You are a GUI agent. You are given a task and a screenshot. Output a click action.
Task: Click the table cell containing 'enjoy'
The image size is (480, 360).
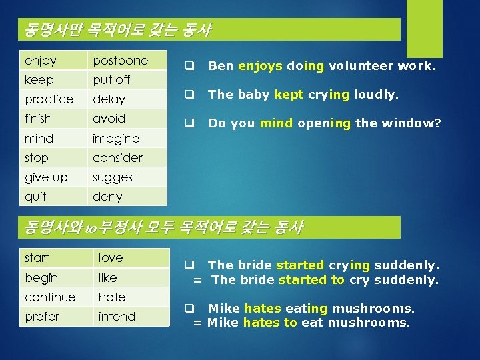coord(53,61)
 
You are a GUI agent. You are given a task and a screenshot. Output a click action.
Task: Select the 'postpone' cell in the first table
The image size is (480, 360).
coord(128,61)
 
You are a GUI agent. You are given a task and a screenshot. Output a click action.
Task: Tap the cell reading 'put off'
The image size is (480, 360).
coord(128,80)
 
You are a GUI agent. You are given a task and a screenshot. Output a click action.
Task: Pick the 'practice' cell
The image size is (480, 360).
coord(53,99)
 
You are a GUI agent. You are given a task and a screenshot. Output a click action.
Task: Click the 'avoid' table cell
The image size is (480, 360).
coord(128,119)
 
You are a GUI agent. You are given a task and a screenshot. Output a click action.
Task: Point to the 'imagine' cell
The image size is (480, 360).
coord(128,139)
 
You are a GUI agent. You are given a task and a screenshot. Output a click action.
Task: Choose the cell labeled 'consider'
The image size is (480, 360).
coord(128,158)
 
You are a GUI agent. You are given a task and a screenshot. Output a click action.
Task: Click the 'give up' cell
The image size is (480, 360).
coord(53,177)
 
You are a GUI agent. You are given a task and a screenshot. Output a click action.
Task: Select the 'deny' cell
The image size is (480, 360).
coord(128,197)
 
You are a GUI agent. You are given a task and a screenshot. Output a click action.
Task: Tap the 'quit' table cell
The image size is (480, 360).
coord(53,197)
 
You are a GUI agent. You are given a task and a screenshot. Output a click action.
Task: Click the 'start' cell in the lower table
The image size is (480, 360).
coord(56,258)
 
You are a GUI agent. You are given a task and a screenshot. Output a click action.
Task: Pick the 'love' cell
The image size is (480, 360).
coord(131,258)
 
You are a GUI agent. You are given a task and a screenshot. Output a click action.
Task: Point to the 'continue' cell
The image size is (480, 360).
coord(56,297)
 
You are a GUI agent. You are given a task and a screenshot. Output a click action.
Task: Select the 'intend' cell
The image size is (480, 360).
coord(131,317)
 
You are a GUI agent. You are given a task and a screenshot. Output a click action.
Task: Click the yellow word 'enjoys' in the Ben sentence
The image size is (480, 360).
coord(261,66)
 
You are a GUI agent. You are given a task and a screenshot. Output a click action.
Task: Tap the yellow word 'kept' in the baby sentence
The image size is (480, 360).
coord(289,95)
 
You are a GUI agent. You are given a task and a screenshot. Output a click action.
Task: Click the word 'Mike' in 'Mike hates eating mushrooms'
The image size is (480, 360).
coord(225,309)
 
